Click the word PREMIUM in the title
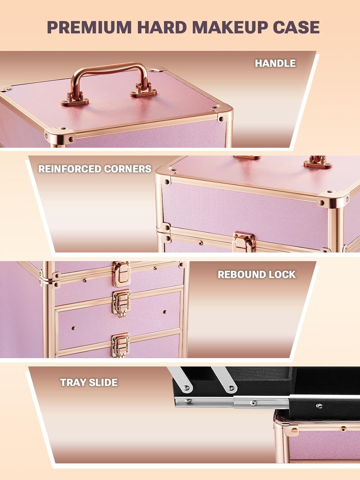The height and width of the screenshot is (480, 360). click(89, 27)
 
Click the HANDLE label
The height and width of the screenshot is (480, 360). click(275, 63)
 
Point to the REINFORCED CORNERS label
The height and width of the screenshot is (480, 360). click(95, 169)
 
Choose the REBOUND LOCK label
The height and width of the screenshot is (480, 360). click(257, 275)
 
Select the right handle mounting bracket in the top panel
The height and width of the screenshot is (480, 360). click(143, 90)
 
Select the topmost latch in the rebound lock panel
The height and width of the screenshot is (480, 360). click(121, 275)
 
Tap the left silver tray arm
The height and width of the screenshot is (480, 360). click(181, 379)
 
